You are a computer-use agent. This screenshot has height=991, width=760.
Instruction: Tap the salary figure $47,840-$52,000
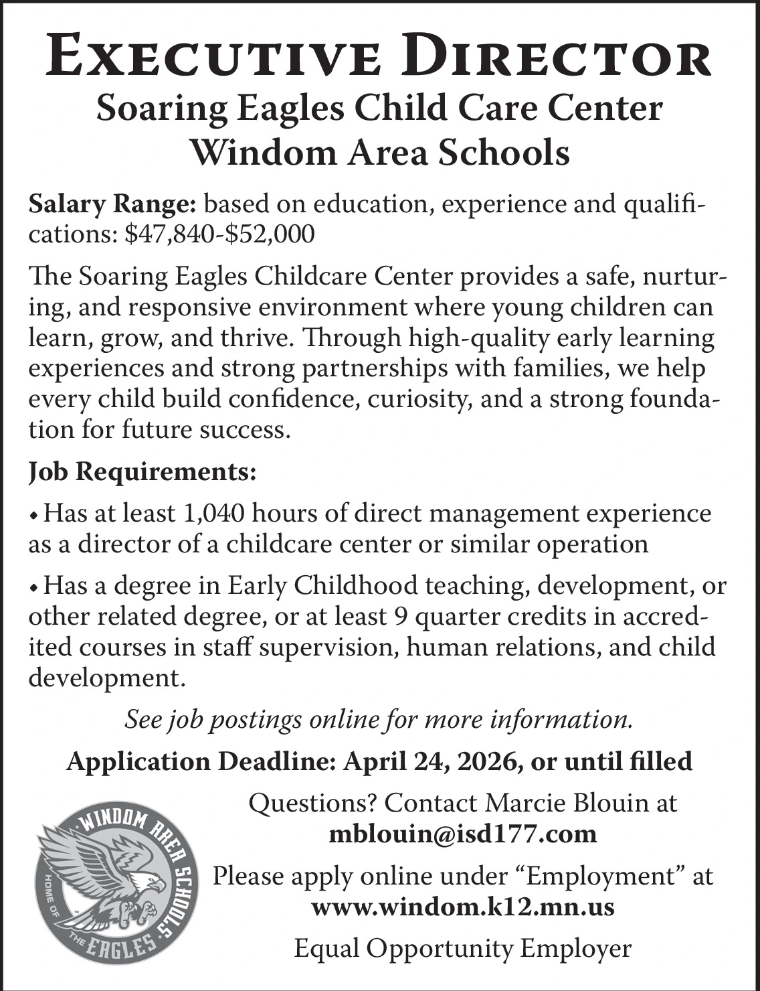[219, 234]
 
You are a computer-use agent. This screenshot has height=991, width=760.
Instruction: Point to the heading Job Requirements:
[142, 472]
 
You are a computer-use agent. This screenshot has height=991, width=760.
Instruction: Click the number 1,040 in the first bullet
[213, 514]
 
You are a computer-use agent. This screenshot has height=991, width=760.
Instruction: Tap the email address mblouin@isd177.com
[463, 834]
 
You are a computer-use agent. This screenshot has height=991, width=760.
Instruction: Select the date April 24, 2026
[434, 761]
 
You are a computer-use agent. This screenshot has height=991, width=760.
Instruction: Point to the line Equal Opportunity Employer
[463, 948]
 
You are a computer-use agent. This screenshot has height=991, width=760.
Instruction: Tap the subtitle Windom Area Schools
[380, 153]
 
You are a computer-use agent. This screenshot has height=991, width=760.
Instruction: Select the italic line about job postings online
[379, 720]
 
